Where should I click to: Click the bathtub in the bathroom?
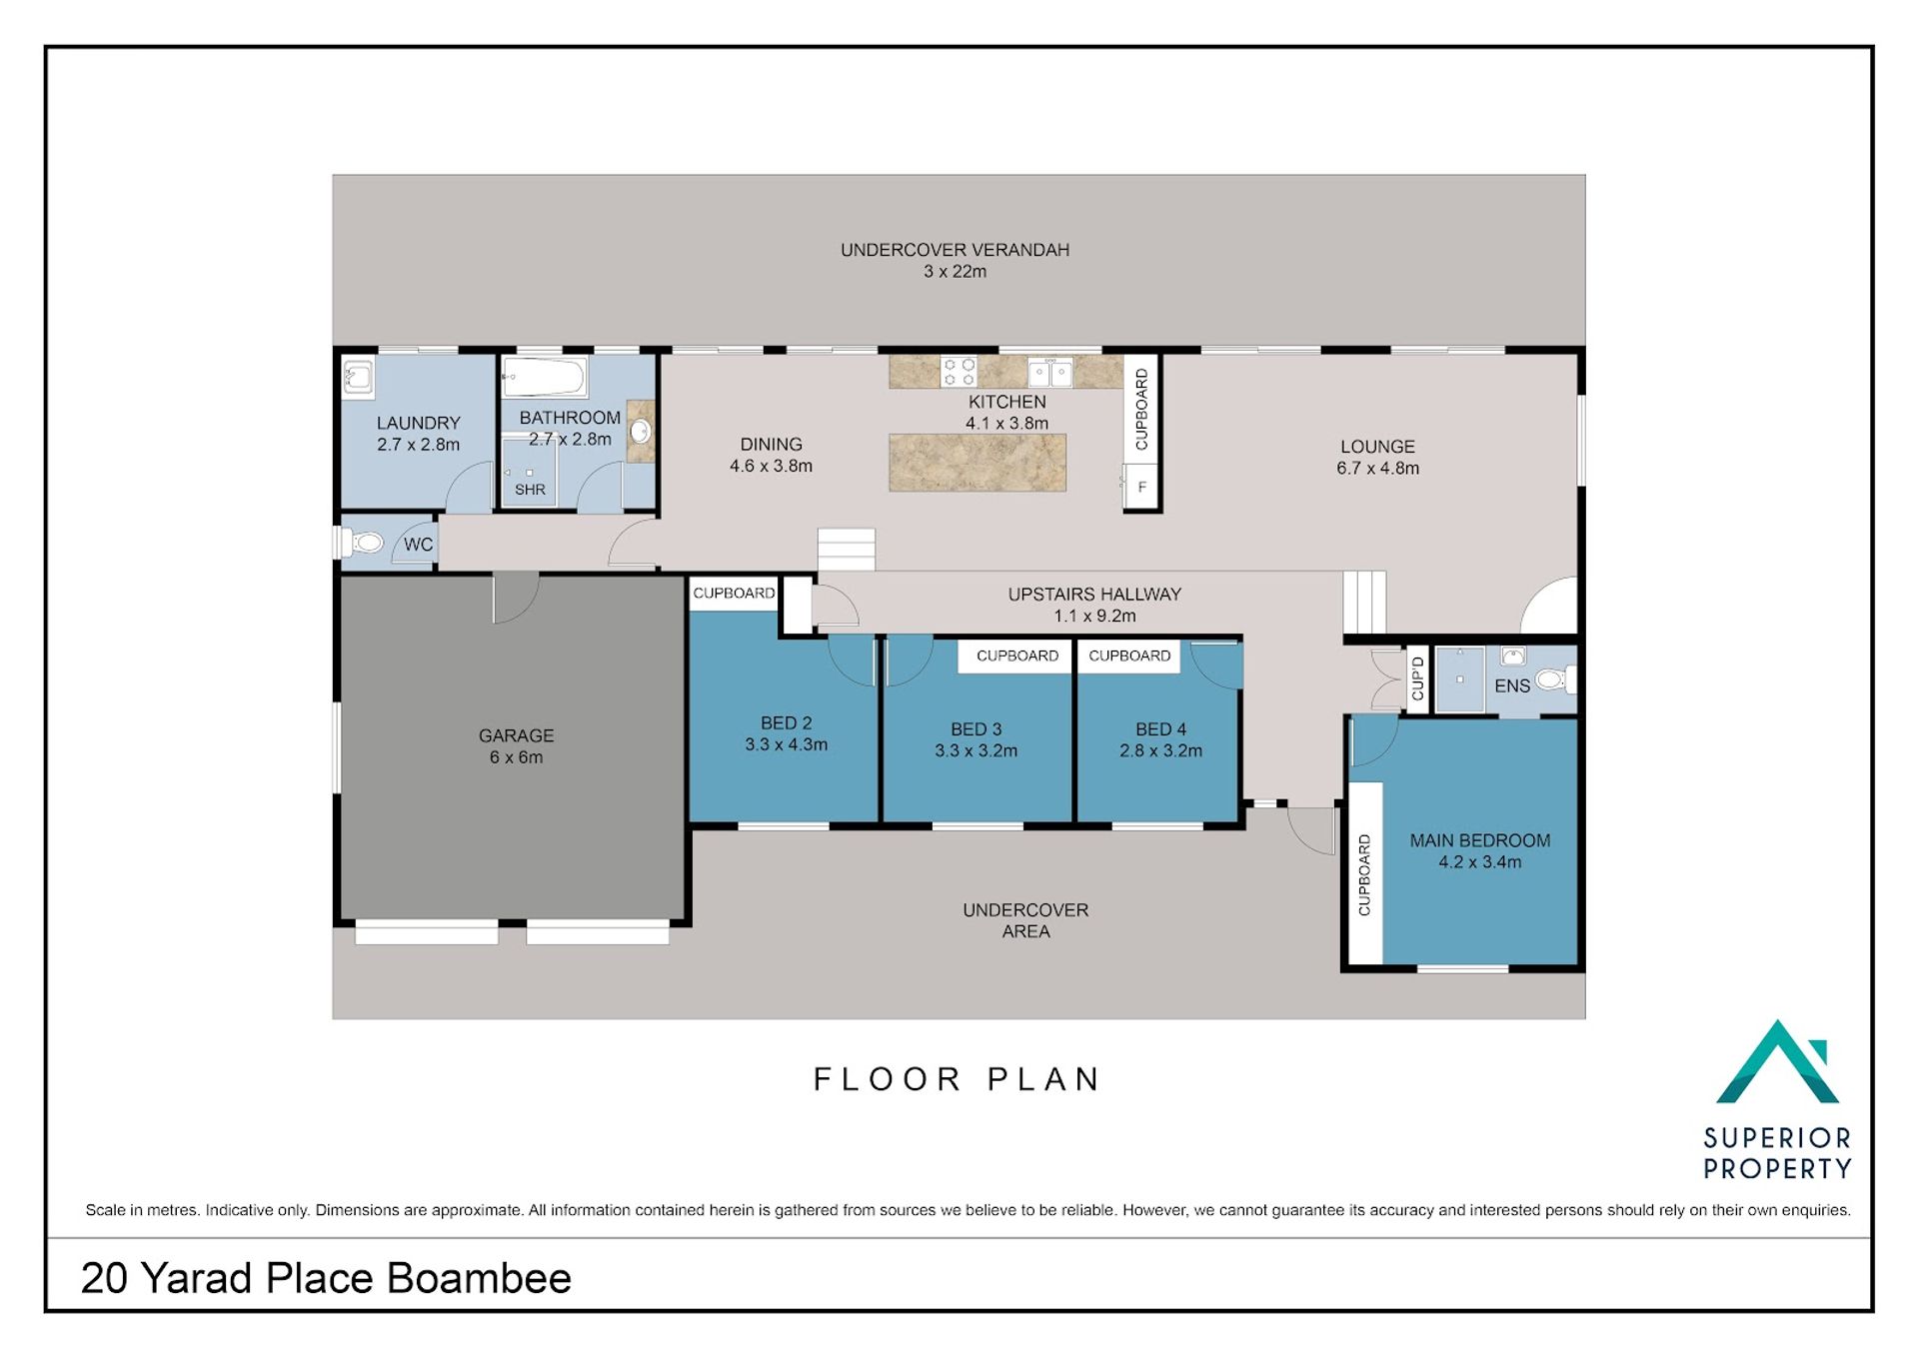point(544,378)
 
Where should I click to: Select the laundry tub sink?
point(358,378)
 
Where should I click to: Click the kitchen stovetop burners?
point(959,372)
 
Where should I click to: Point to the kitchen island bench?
point(977,463)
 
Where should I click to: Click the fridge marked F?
point(1141,488)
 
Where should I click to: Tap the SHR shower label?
point(530,490)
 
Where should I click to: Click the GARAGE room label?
point(516,735)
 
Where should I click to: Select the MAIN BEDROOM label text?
point(1480,840)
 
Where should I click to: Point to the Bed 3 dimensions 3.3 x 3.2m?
point(976,750)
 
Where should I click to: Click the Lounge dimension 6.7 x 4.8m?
point(1378,468)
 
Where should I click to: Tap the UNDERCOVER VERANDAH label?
point(955,250)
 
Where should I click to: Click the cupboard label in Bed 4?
point(1129,656)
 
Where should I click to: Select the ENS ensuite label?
point(1512,686)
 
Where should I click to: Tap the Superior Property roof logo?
point(1778,1062)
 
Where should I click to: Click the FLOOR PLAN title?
point(957,1079)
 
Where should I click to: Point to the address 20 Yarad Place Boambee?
point(326,1278)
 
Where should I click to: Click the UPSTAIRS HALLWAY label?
point(1094,594)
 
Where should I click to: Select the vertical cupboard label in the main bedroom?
point(1364,874)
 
